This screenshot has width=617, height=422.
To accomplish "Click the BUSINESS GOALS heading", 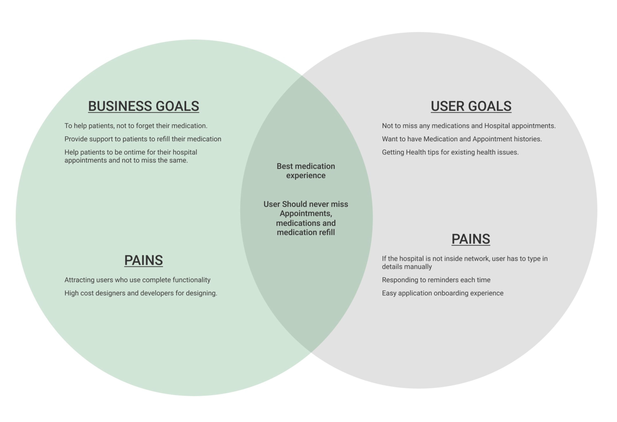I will [x=143, y=106].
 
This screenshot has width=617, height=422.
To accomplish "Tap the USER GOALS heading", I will [x=471, y=106].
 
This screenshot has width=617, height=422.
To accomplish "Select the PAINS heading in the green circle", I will [x=143, y=260].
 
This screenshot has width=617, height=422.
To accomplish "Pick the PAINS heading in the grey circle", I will [x=471, y=239].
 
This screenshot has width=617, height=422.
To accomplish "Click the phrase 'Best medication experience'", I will [x=306, y=171].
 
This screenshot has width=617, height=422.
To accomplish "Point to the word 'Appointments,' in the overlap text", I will [x=306, y=213].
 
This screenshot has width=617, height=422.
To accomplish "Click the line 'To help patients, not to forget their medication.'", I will [x=136, y=126].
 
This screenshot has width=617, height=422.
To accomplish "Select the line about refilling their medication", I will [x=143, y=139].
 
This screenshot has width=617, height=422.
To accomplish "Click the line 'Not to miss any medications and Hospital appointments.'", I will [x=469, y=126].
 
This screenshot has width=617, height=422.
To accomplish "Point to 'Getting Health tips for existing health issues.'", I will [x=450, y=152].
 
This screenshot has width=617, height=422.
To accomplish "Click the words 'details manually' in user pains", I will [x=407, y=267].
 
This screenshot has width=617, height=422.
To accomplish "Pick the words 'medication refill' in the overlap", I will [x=306, y=233].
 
